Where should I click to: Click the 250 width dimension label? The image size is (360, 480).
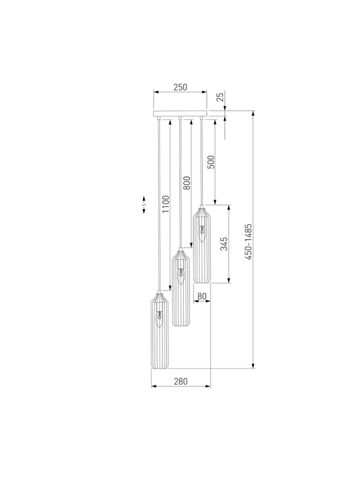[x=181, y=87]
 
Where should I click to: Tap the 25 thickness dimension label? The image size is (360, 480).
[x=220, y=97]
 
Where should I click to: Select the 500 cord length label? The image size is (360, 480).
[x=211, y=162]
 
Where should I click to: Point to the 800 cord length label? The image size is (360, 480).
[x=187, y=183]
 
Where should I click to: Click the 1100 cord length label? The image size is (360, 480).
[x=166, y=204]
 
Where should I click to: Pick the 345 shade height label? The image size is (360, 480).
[x=224, y=244]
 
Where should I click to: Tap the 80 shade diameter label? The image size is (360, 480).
[x=202, y=296]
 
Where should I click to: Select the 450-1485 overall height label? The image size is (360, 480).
[x=248, y=242]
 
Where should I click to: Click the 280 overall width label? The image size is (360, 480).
[x=181, y=382]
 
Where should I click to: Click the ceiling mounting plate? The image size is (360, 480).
[x=180, y=113]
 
